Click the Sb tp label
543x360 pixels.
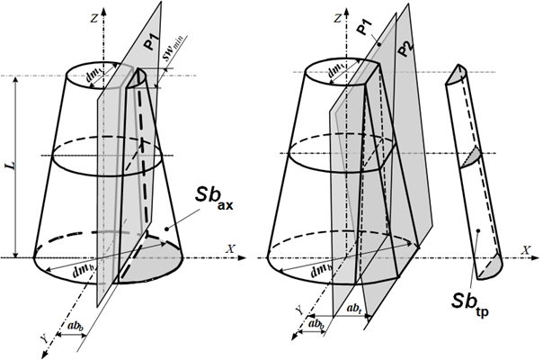tap(470, 304)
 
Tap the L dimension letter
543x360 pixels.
tap(13, 166)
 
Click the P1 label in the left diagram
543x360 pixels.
tap(151, 40)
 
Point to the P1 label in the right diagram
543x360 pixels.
tap(364, 27)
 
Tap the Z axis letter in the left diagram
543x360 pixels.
tap(93, 18)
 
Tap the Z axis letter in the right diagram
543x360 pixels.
tap(338, 18)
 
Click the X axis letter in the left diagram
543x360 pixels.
tap(231, 249)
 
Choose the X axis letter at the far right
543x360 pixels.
tap(527, 250)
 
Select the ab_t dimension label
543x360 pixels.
tap(354, 308)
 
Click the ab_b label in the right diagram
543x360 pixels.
tap(316, 324)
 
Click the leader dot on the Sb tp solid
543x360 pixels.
tap(478, 230)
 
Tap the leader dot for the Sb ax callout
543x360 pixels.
tap(167, 229)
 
